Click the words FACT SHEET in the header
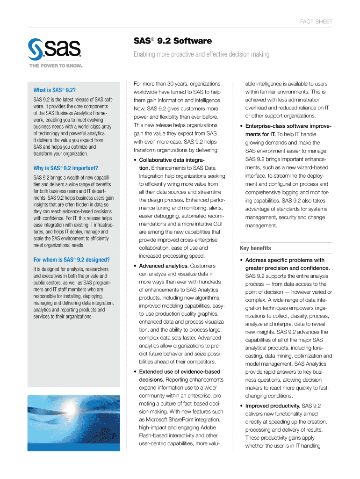[x=317, y=22]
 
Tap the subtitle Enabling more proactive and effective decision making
[x=202, y=55]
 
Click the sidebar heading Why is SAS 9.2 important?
[x=66, y=168]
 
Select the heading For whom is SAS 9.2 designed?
[x=72, y=260]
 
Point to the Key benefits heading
[x=255, y=248]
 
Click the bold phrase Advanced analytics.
[x=159, y=266]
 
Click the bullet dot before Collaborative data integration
[x=135, y=160]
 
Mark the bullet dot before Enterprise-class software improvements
[x=241, y=127]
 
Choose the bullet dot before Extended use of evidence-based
[x=135, y=372]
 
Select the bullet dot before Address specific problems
[x=241, y=261]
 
